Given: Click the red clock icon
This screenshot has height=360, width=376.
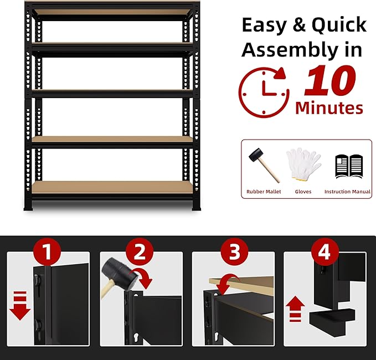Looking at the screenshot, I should (264, 91).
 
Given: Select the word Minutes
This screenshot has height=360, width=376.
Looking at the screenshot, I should (329, 107).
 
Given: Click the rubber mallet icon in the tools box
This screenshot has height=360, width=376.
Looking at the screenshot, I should (263, 164).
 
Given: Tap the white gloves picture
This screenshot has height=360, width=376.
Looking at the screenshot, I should (303, 163).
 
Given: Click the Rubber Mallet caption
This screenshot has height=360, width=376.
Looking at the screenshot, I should (264, 192).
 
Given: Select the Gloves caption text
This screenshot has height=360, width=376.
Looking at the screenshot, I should (303, 192).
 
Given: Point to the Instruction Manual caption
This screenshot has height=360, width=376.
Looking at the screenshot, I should (347, 192).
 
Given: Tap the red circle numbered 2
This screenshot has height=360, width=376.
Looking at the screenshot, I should (140, 253).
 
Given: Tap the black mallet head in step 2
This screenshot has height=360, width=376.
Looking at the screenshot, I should (115, 273).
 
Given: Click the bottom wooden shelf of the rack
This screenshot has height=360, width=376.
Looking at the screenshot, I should (111, 187).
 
